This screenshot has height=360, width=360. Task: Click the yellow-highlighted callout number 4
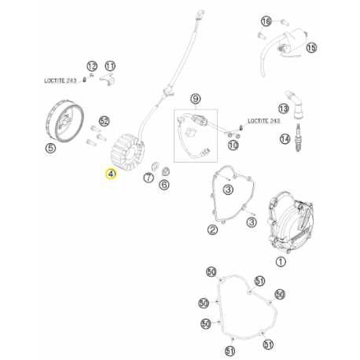(111, 174)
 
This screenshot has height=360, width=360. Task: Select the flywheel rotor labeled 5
(64, 120)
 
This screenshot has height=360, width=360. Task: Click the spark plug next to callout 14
(297, 138)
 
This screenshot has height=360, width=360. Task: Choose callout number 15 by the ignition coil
(311, 48)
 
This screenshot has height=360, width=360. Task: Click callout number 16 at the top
(266, 21)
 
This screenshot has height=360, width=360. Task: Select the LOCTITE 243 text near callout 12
(61, 80)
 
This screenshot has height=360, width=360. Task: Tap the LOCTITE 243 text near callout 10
(264, 121)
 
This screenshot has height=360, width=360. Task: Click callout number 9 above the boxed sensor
(196, 99)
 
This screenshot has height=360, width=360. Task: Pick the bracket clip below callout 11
(108, 79)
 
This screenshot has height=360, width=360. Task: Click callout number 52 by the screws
(105, 121)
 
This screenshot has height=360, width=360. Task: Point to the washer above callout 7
(155, 166)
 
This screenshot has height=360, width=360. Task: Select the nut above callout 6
(166, 171)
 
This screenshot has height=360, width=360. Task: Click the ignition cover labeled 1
(290, 222)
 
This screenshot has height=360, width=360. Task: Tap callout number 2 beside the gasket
(212, 230)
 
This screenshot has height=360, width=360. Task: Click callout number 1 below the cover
(281, 262)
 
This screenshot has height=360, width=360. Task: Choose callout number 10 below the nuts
(233, 145)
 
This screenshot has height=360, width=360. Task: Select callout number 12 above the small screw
(92, 66)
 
